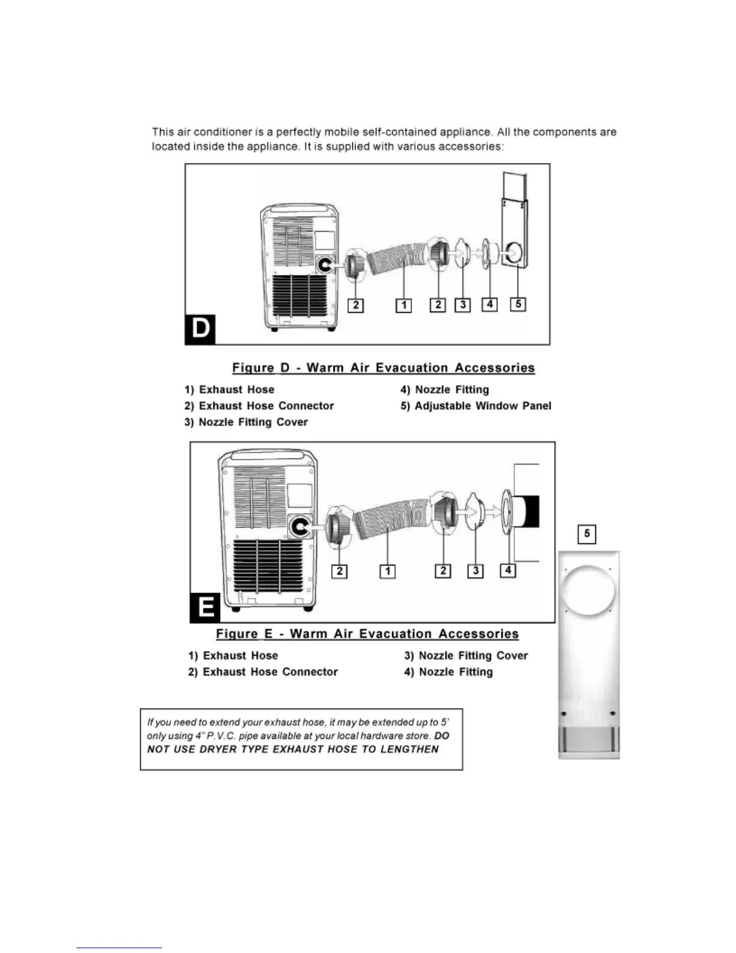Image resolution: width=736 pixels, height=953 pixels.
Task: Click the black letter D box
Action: pos(200,329)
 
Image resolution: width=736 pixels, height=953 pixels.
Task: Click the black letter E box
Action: pos(205,607)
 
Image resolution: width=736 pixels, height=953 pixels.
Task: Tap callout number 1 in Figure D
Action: pos(403,306)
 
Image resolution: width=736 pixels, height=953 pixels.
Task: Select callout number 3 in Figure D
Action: pos(462,304)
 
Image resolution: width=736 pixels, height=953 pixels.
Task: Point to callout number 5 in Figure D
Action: pos(518,304)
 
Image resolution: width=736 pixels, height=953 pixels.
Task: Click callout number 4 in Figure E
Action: pos(508,569)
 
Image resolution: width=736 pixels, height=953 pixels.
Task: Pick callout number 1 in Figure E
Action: pos(388,571)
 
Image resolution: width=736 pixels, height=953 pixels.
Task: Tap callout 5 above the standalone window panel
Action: pos(586,534)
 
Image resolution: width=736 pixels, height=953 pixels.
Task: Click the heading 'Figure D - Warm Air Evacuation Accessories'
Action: pos(384,368)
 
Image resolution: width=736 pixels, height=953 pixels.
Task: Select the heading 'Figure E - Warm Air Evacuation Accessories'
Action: pos(367,634)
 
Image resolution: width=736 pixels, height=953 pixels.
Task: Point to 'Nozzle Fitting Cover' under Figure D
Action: pos(253,422)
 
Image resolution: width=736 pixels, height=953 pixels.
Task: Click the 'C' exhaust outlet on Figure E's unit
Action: pos(299,527)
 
